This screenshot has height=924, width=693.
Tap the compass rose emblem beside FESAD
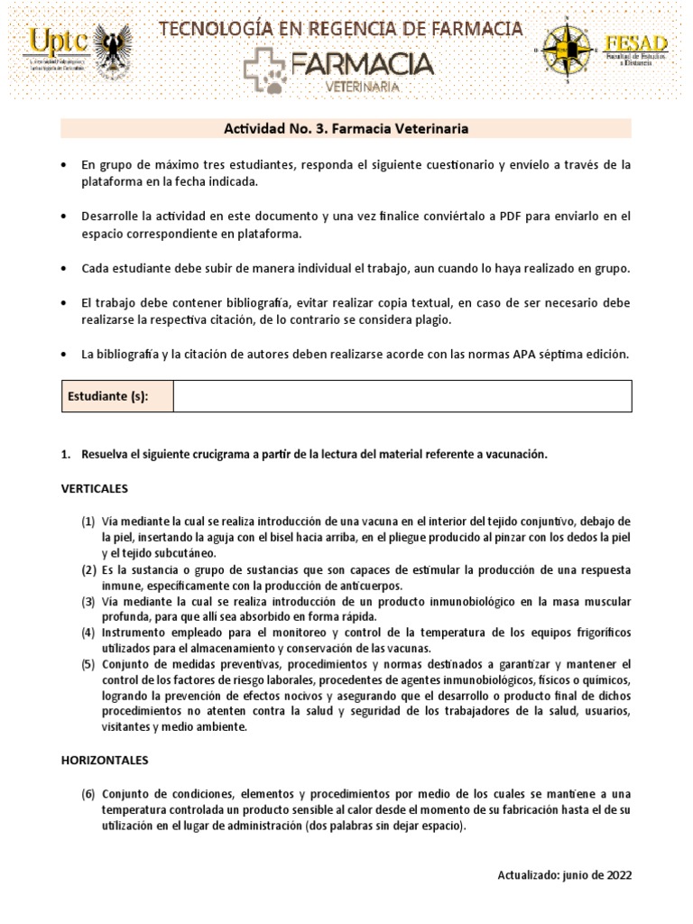[x=566, y=50]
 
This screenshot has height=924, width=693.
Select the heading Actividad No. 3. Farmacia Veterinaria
[x=346, y=129]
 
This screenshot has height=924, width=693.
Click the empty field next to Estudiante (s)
[x=402, y=396]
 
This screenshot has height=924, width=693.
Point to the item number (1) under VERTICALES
[x=88, y=522]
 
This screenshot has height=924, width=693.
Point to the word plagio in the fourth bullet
[x=428, y=320]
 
